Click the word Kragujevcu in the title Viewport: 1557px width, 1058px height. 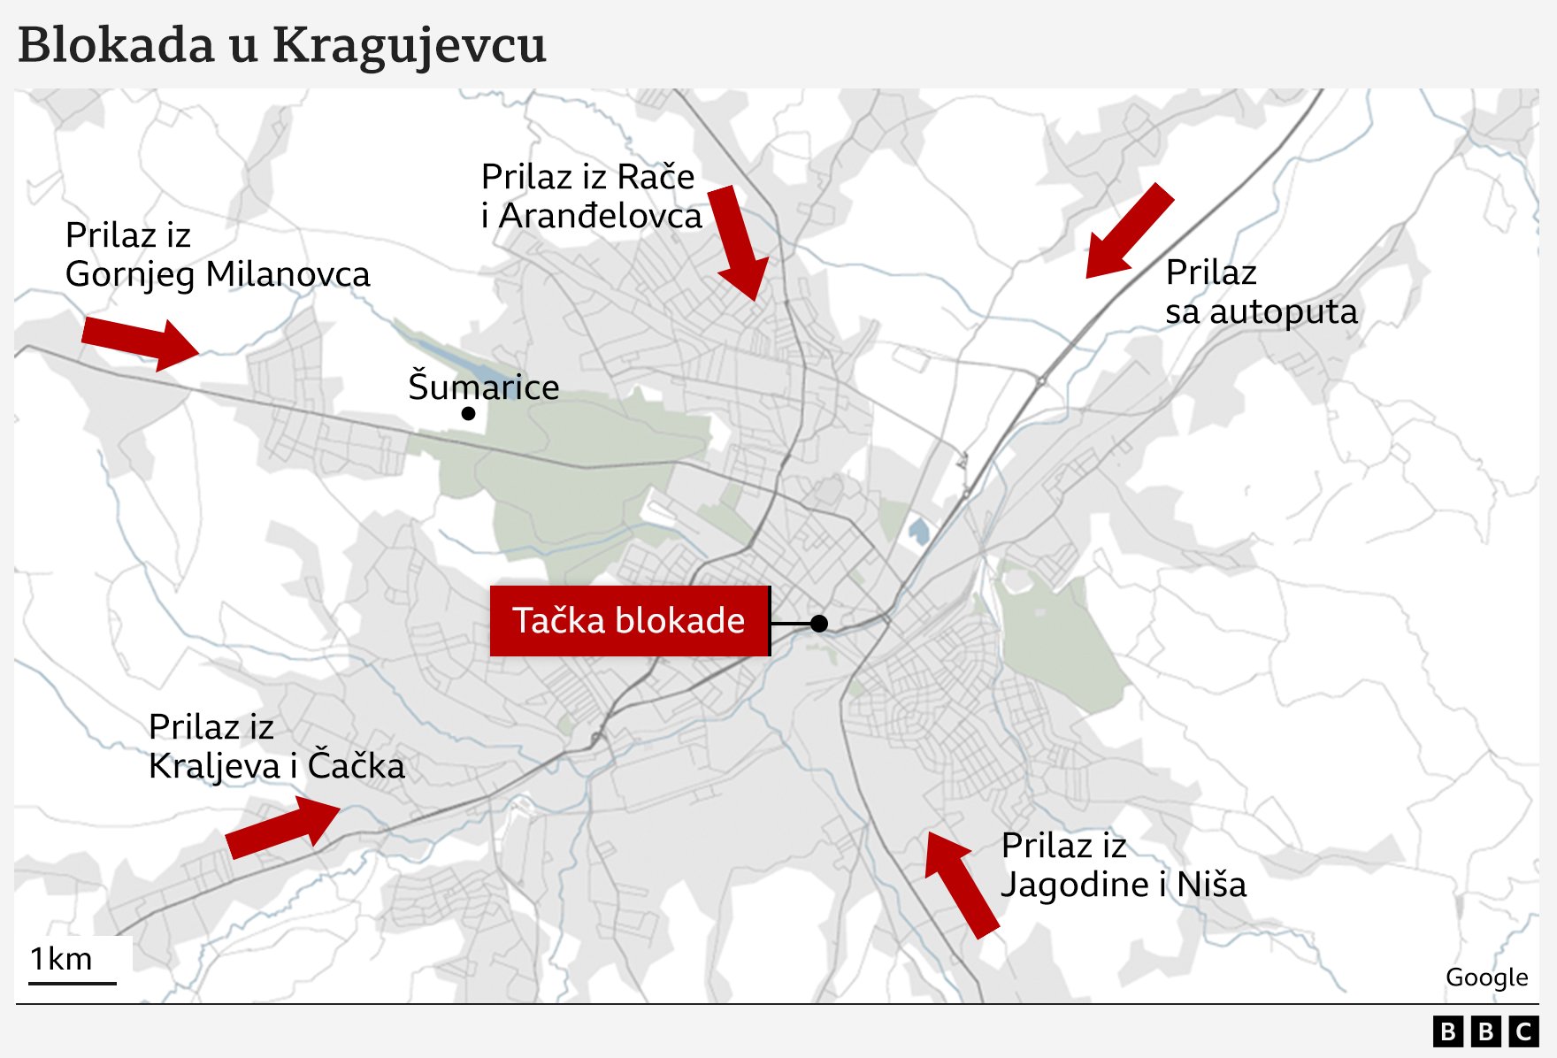click(409, 46)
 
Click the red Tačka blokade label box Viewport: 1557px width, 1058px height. click(629, 621)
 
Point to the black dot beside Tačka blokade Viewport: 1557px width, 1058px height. click(819, 624)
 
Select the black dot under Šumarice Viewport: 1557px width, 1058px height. click(469, 413)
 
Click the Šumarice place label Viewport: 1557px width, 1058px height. click(483, 387)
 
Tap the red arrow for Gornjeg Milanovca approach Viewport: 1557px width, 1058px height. click(140, 342)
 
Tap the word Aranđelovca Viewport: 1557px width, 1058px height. click(601, 216)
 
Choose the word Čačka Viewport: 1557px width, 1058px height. click(356, 766)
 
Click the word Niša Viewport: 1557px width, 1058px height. click(1211, 885)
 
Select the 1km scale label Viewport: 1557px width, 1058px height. click(61, 959)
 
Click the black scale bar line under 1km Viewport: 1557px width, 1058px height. click(73, 983)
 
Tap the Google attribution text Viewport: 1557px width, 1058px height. click(1486, 977)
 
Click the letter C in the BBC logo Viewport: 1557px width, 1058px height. click(1523, 1031)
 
